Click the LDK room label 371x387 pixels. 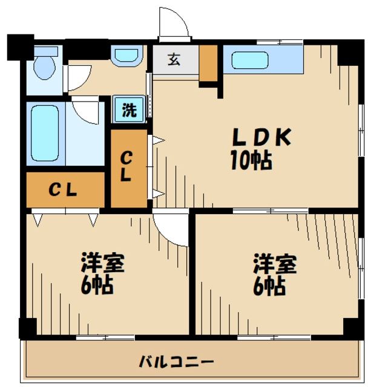tap(261, 138)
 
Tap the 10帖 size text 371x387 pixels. tap(249, 160)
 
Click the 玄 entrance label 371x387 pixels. tap(174, 60)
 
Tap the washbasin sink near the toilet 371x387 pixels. tap(126, 56)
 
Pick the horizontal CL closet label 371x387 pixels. tap(63, 190)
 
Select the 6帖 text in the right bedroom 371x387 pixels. tap(269, 286)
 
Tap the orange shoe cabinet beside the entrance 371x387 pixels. tap(208, 63)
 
